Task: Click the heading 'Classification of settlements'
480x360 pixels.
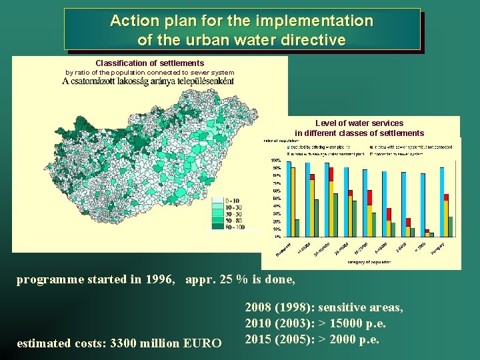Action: pos(149,63)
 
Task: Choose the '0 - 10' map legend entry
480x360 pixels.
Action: pos(232,201)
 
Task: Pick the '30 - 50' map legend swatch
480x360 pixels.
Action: pos(217,214)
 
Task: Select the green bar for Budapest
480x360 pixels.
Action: pos(297,228)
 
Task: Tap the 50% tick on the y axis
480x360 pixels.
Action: pos(275,199)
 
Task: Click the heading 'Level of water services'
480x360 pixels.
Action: pos(359,123)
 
